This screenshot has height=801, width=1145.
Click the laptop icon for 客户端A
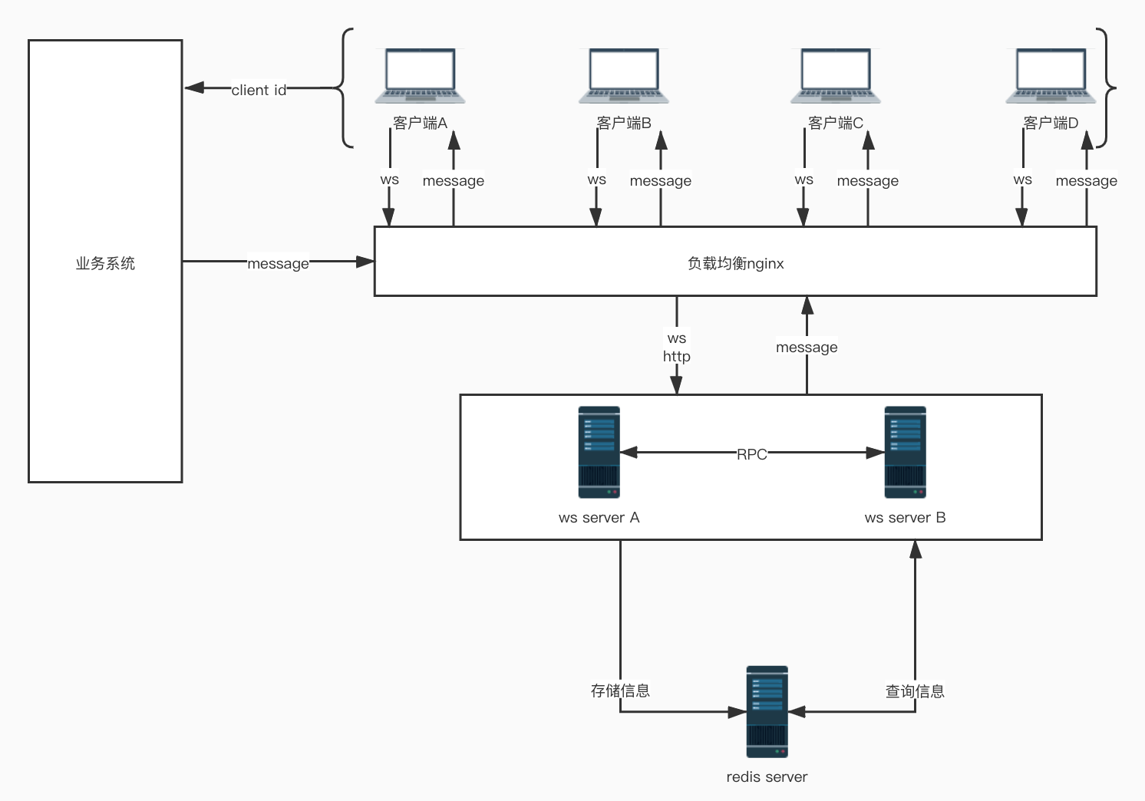tap(420, 76)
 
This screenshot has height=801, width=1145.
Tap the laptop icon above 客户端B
tap(624, 76)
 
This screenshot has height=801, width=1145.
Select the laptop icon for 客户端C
tap(836, 76)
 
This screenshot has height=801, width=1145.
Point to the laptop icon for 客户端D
tap(1051, 76)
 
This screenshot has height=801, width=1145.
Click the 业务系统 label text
tap(105, 263)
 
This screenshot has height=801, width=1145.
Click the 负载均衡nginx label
tap(735, 263)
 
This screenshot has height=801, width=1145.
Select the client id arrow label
tap(259, 90)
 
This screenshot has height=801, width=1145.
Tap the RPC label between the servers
tap(751, 454)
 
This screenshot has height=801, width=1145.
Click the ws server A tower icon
tap(599, 452)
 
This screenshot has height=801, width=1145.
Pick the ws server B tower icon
tap(905, 452)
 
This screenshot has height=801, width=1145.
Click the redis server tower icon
tap(767, 711)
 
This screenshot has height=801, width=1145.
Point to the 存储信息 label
tap(620, 691)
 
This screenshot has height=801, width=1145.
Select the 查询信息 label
tap(915, 691)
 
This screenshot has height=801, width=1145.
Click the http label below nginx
tap(676, 357)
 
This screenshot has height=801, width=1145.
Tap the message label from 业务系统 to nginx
tap(278, 263)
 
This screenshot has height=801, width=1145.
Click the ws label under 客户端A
tap(389, 180)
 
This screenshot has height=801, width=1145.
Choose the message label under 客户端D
tap(1086, 181)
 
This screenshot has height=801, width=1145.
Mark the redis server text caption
tap(767, 776)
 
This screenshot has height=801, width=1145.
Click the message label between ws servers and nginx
tap(807, 348)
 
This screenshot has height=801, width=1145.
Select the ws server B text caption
tap(905, 518)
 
